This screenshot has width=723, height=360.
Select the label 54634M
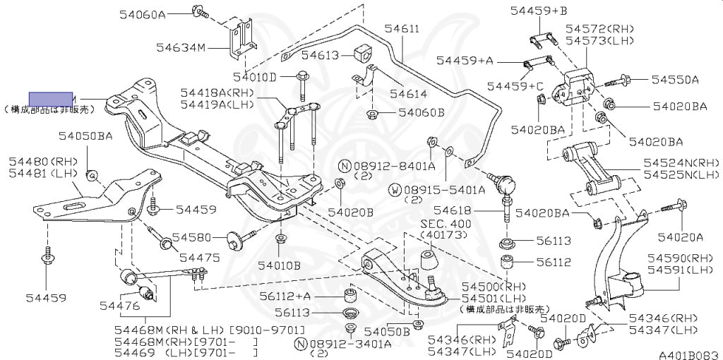[181, 47]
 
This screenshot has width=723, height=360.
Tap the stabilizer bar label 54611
[402, 29]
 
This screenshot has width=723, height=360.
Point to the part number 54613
[321, 54]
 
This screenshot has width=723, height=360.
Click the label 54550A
[675, 80]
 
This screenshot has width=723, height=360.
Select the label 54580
[192, 237]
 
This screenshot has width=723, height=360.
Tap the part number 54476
[119, 306]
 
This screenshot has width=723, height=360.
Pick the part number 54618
[452, 210]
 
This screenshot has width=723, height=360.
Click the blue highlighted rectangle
[51, 98]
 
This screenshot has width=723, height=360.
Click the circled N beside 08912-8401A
[345, 166]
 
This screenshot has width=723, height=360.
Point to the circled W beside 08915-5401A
[395, 189]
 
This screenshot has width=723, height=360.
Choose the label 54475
[199, 257]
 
